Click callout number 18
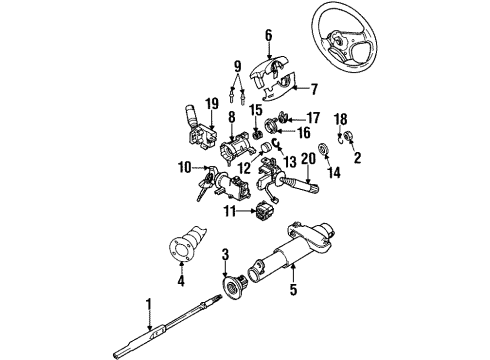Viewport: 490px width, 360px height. pyautogui.click(x=340, y=118)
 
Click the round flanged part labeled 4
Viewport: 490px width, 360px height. pyautogui.click(x=185, y=250)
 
